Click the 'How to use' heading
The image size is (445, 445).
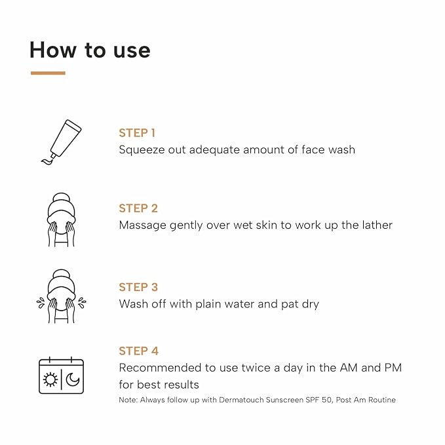90,50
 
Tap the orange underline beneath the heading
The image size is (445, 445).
48,73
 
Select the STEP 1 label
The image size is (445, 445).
137,133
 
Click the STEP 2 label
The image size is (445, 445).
138,208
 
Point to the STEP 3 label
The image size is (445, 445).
138,287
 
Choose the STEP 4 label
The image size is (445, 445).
138,351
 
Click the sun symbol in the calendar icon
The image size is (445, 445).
50,379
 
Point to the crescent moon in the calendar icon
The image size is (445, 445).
72,379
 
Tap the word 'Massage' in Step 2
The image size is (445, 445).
142,225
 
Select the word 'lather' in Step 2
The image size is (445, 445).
377,225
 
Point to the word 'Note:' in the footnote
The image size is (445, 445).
128,400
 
